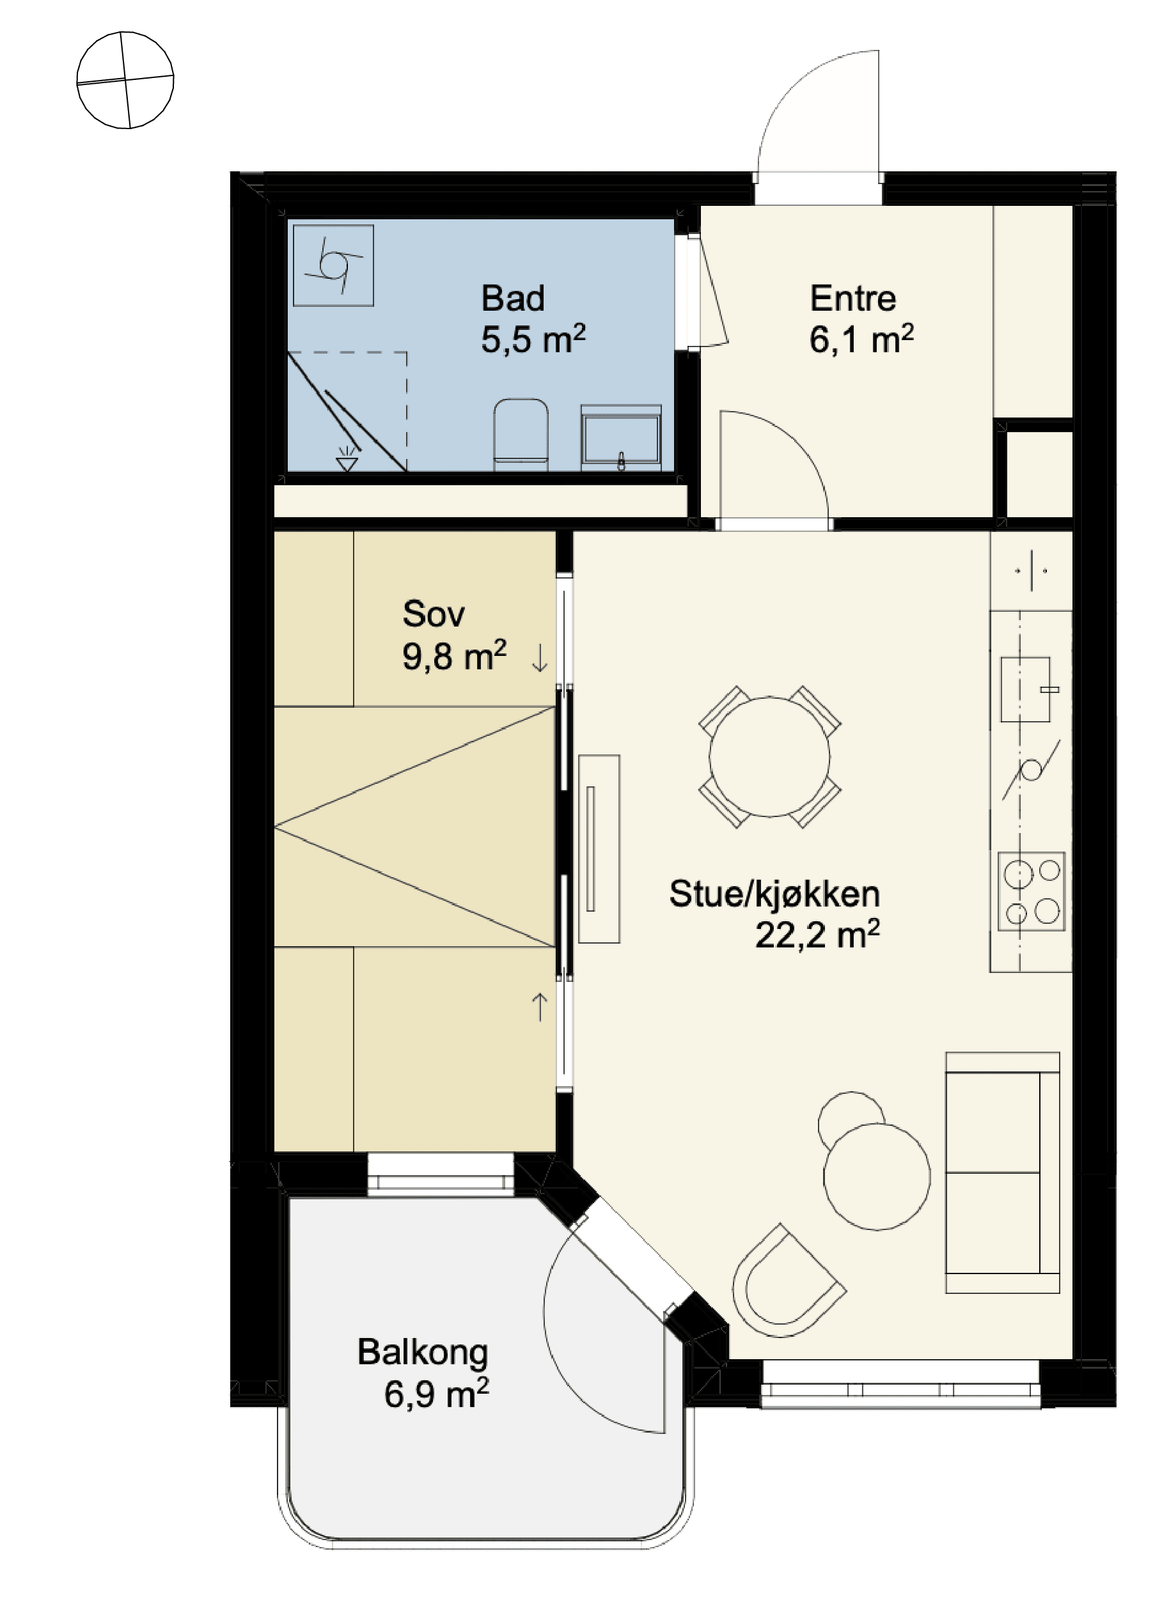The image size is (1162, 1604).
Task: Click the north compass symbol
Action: (x=125, y=80)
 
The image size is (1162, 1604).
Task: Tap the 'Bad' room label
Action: (x=512, y=298)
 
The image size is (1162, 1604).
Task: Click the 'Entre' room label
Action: (x=852, y=298)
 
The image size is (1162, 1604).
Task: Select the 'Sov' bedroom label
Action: (x=433, y=613)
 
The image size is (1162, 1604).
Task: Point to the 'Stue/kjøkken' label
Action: (x=774, y=894)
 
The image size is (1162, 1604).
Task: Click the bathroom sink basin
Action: (x=620, y=437)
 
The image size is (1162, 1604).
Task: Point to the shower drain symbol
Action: (x=347, y=458)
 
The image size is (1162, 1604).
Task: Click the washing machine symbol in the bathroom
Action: (x=333, y=265)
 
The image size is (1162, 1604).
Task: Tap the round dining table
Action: (x=769, y=757)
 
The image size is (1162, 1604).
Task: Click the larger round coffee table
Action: (x=877, y=1177)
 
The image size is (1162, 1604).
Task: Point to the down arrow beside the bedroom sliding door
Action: (x=539, y=659)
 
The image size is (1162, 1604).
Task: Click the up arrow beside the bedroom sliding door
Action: (x=539, y=1007)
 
